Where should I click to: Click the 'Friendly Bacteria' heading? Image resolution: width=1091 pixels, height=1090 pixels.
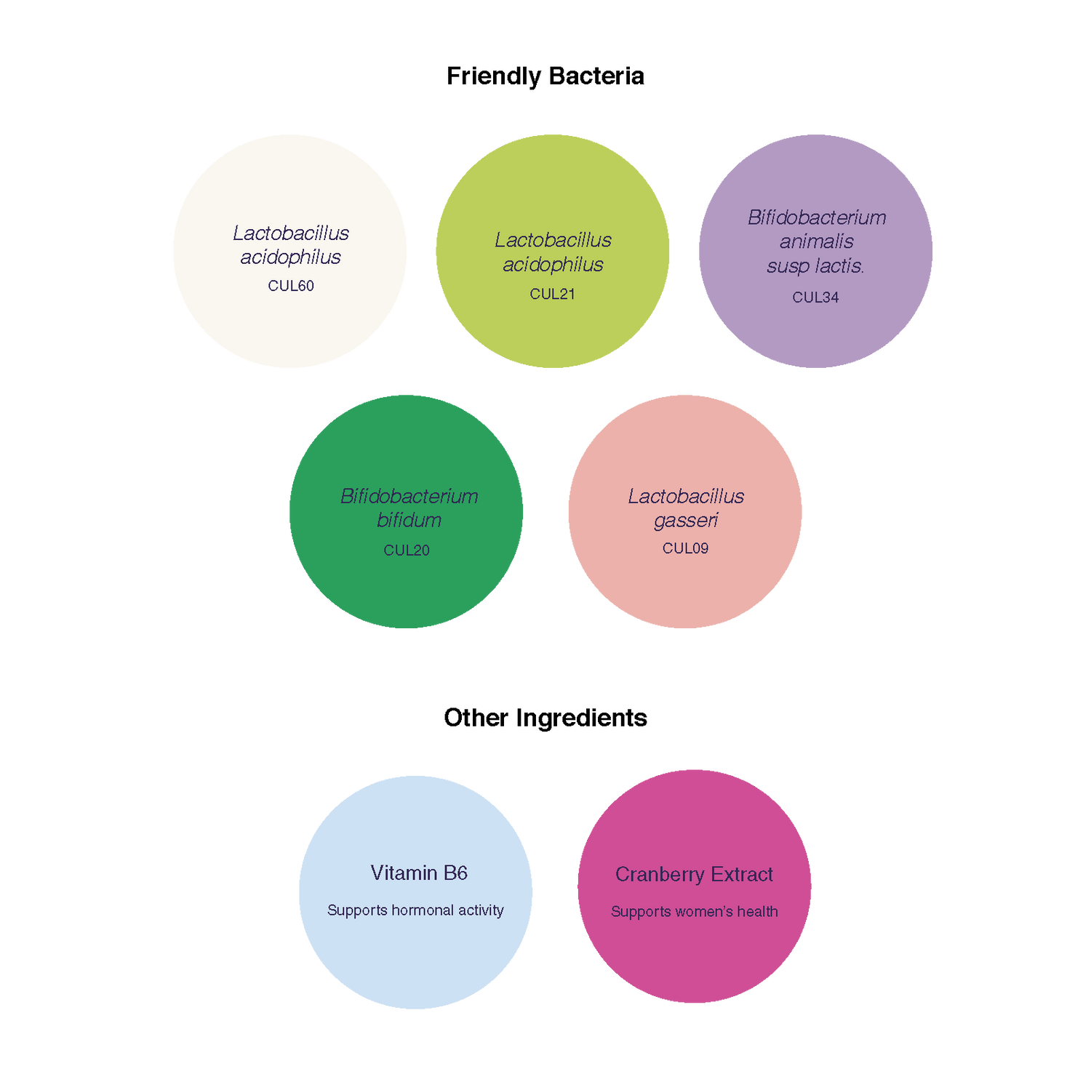click(545, 76)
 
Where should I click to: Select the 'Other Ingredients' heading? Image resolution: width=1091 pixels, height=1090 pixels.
click(545, 718)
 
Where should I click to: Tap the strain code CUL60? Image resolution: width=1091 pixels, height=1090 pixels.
click(291, 286)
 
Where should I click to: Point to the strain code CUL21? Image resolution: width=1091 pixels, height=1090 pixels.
click(553, 294)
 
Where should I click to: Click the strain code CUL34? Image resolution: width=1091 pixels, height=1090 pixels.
click(815, 297)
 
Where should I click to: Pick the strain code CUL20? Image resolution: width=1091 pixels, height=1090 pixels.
click(407, 550)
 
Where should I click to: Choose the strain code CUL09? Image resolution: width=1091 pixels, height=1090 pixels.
click(685, 548)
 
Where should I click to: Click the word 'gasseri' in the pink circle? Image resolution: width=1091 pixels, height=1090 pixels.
click(686, 521)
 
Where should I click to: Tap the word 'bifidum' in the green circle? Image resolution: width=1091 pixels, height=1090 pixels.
click(409, 520)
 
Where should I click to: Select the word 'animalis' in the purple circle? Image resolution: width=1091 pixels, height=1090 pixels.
click(816, 241)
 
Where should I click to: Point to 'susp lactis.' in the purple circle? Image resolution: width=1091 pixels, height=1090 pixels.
click(815, 266)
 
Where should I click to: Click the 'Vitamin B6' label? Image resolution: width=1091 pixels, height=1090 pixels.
click(419, 873)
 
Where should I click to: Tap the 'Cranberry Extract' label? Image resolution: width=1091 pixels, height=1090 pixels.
click(694, 874)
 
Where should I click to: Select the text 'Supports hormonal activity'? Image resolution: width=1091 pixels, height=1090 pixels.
click(415, 910)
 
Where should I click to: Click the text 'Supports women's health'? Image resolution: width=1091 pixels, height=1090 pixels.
click(695, 912)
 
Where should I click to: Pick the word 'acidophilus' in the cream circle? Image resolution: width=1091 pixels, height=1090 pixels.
click(291, 257)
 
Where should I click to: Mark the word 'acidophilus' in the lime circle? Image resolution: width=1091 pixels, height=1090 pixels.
click(553, 265)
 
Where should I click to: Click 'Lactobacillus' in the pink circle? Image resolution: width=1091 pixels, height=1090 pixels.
click(686, 497)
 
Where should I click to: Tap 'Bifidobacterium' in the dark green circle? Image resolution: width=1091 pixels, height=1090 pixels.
click(409, 497)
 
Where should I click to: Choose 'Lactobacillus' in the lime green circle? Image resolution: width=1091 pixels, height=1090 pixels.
click(553, 240)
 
